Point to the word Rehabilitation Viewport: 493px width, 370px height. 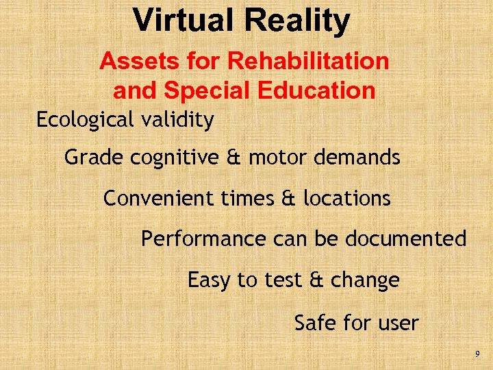[308, 62]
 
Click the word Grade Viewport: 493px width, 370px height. [88, 158]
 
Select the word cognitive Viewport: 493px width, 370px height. [168, 158]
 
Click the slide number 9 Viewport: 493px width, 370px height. [477, 354]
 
